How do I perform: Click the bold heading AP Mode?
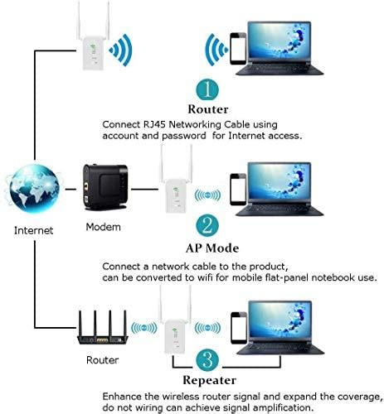211,248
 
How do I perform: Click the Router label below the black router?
101,361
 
